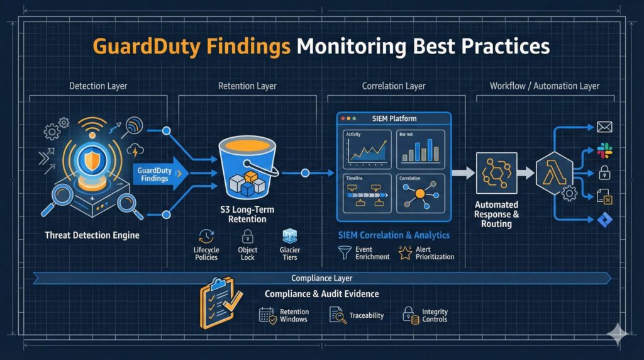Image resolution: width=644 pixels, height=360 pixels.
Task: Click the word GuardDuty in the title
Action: [x=135, y=47]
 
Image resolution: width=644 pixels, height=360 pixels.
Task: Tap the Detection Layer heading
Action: [x=97, y=86]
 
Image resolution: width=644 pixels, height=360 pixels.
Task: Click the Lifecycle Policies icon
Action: [x=206, y=237]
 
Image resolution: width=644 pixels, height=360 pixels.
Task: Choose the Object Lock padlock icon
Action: [x=247, y=237]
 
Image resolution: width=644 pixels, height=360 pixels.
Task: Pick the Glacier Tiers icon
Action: [x=290, y=237]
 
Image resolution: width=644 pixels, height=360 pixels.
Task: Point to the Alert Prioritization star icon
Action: [x=403, y=252]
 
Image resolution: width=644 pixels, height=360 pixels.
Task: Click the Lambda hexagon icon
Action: [x=554, y=172]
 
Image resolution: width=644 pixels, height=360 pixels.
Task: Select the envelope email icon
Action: [x=604, y=127]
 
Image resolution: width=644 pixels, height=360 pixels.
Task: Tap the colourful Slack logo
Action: [x=604, y=150]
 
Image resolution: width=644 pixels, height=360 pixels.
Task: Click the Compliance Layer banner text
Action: [x=321, y=278]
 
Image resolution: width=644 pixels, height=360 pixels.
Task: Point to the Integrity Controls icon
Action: [x=410, y=315]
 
